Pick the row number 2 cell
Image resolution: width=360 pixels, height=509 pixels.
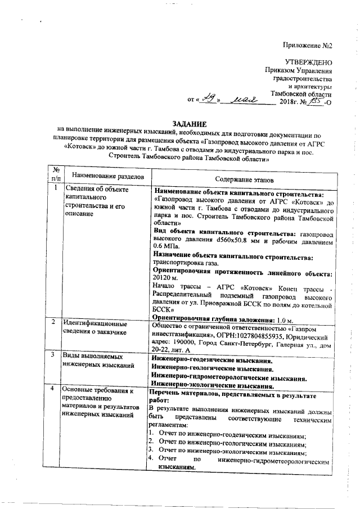click(x=53, y=322)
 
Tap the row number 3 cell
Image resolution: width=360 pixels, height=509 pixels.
click(x=53, y=355)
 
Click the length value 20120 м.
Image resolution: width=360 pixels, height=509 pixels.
click(x=165, y=278)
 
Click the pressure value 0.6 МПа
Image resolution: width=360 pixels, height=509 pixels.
click(x=166, y=246)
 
